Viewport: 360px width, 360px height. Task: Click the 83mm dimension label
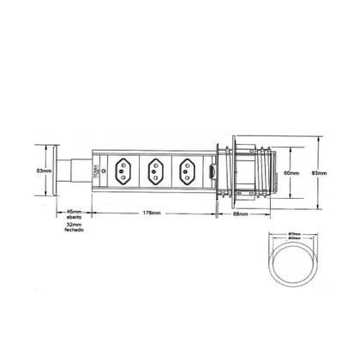(318, 172)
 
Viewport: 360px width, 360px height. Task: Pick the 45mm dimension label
(74, 211)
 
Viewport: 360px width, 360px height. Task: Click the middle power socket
(156, 171)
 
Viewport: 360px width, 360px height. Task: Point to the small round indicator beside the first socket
(103, 171)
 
